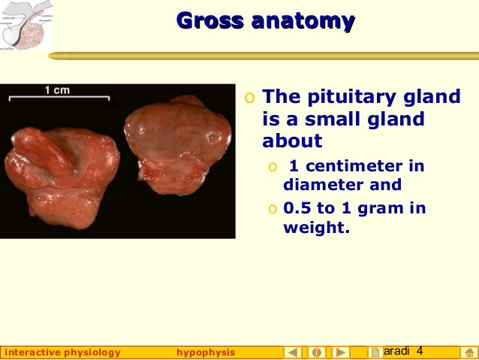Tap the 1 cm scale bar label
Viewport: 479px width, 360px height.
point(57,91)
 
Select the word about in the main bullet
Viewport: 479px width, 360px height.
point(292,141)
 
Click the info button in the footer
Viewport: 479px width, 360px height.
point(317,352)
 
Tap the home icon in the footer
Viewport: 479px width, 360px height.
point(468,352)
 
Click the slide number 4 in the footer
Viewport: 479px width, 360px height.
point(420,352)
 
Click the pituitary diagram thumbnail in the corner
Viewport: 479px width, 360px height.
point(27,26)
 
